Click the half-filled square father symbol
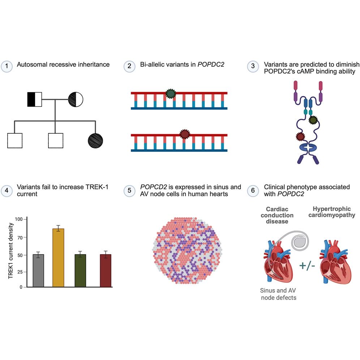pyautogui.click(x=35, y=99)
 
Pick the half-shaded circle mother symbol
pyautogui.click(x=76, y=99)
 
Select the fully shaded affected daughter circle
pyautogui.click(x=95, y=140)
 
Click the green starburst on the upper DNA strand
pyautogui.click(x=170, y=94)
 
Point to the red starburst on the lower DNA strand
pyautogui.click(x=185, y=134)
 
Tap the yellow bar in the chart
pyautogui.click(x=58, y=257)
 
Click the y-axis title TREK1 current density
pyautogui.click(x=11, y=253)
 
